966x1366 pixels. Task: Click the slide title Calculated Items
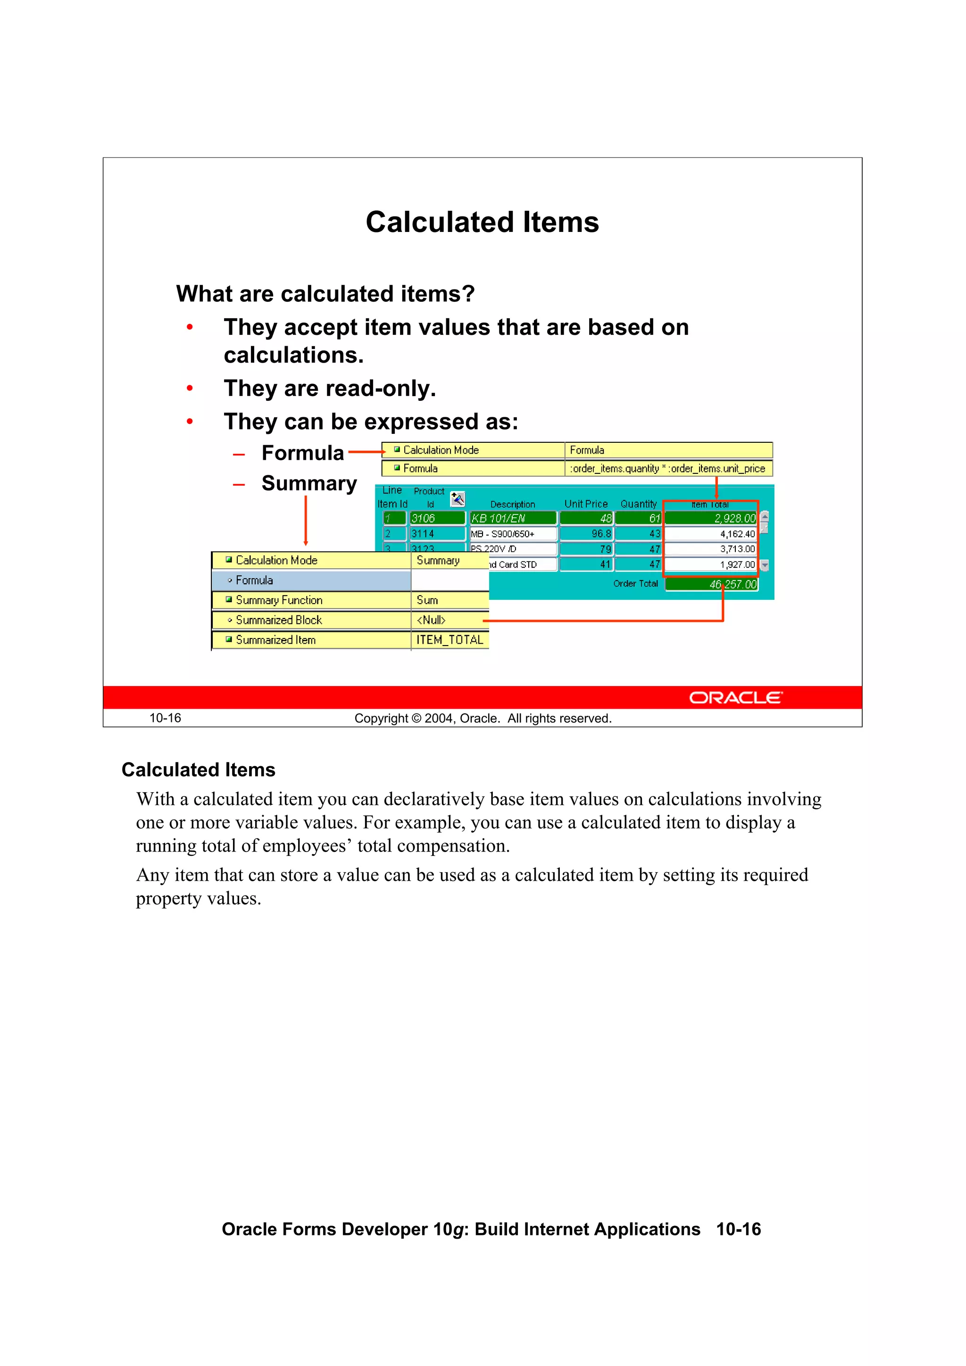482,222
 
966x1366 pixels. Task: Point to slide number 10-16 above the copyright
165,718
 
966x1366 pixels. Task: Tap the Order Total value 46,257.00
711,584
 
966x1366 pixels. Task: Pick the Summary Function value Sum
427,600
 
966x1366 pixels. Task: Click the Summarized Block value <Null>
431,620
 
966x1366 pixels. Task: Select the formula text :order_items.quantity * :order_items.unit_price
667,469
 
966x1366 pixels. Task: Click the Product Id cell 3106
437,518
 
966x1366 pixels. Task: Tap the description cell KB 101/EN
512,518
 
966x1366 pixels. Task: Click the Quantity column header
638,504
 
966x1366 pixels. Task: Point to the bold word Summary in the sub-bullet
309,483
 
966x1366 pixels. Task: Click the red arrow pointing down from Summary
306,521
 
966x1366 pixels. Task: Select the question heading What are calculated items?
325,294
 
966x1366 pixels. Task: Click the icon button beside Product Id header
457,498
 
